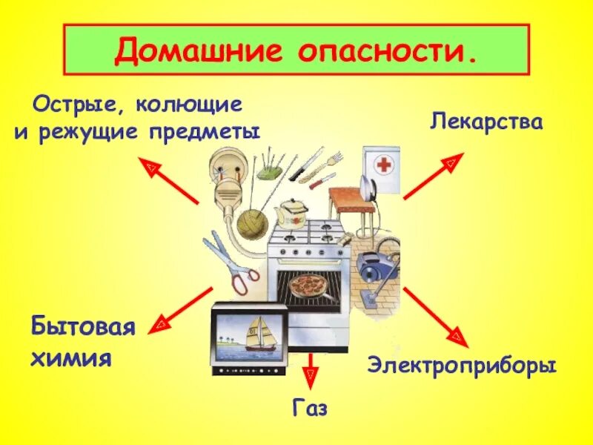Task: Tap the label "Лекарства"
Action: (486, 121)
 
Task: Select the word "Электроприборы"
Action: (461, 366)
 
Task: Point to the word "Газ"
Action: (310, 409)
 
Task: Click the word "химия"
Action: (71, 359)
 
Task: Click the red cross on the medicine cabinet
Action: (383, 165)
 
